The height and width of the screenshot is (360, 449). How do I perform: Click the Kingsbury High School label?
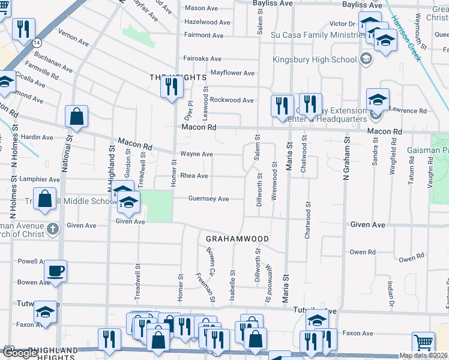point(315,59)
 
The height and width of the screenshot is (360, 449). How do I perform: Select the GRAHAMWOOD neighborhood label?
point(237,239)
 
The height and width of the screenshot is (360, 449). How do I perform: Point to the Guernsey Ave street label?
point(208,199)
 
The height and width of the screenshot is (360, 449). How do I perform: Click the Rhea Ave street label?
point(194,176)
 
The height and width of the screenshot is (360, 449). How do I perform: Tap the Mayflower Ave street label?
point(232,73)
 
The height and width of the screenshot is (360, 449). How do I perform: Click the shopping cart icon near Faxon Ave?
point(423,343)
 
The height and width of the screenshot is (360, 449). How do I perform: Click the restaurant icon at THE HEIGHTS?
point(172,88)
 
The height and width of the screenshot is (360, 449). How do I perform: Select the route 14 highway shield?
point(37,43)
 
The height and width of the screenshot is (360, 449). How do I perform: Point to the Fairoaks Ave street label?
point(202,59)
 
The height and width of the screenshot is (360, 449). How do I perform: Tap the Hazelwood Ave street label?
point(208,22)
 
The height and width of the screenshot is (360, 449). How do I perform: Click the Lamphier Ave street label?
point(39,179)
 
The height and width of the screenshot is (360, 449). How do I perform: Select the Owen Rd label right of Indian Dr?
point(412,259)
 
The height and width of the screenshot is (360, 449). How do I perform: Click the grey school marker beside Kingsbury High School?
point(366,59)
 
